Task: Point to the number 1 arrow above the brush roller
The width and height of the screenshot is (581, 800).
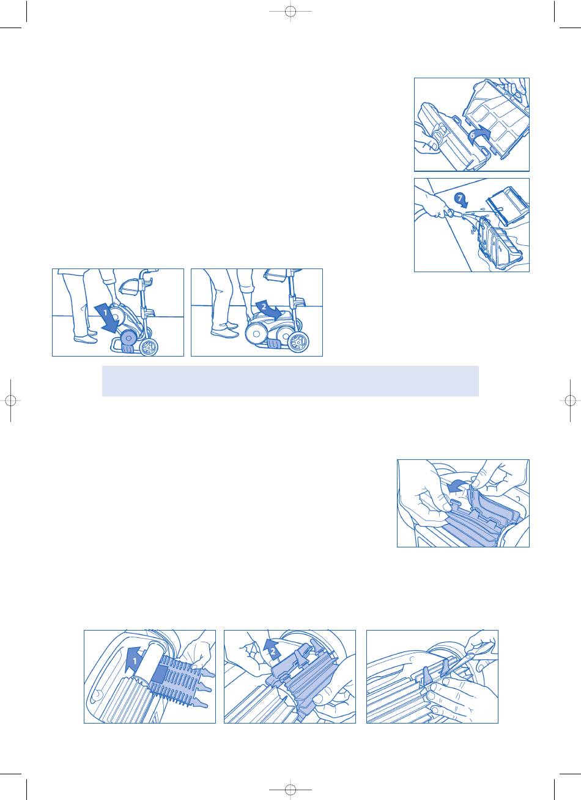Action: (135, 660)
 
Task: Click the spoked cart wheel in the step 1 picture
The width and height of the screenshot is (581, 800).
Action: (149, 346)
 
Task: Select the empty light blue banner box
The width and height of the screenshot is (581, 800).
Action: (290, 380)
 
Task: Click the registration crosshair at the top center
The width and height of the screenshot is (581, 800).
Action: (290, 11)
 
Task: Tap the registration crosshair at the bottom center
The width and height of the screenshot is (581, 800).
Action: (290, 789)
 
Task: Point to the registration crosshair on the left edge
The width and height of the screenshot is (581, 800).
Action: (11, 401)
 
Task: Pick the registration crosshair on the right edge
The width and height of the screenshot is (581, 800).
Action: (570, 401)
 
